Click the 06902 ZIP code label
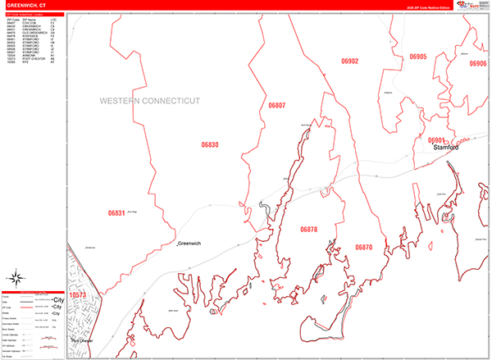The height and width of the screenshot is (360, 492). click(x=350, y=61)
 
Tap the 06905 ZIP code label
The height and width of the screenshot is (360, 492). click(x=418, y=57)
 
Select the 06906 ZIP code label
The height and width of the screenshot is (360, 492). click(x=477, y=63)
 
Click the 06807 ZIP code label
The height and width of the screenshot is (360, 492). click(x=277, y=106)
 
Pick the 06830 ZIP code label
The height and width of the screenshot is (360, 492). click(x=210, y=144)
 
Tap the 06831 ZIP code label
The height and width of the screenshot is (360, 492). click(x=116, y=212)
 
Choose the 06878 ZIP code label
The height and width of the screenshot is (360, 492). click(x=309, y=230)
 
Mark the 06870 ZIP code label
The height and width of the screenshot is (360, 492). click(x=363, y=247)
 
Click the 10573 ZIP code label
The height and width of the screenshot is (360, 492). click(x=78, y=294)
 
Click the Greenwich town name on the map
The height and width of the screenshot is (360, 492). click(x=192, y=244)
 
